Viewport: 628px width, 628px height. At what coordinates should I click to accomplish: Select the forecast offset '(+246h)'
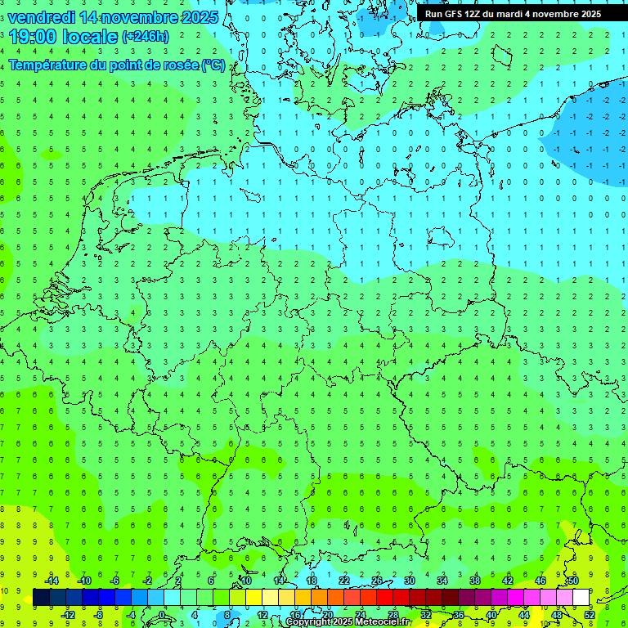(x=146, y=36)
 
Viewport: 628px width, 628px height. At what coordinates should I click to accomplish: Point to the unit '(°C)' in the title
(x=213, y=65)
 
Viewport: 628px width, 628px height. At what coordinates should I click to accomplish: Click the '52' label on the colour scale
(x=590, y=614)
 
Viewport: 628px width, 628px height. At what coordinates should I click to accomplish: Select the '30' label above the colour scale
(x=409, y=581)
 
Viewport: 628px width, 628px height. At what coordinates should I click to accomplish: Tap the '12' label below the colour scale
(x=262, y=614)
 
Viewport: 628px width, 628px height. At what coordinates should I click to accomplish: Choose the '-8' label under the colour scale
(x=99, y=614)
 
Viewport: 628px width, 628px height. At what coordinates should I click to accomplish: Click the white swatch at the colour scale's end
(x=581, y=597)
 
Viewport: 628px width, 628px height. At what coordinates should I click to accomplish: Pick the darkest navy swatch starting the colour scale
(x=41, y=597)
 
